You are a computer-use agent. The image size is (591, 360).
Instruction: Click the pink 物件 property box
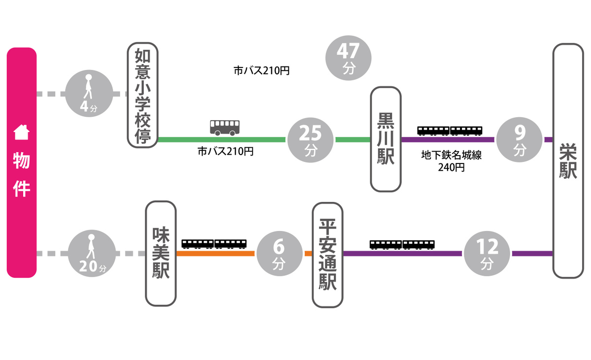click(x=22, y=163)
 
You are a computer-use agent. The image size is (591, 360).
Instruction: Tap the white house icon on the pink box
click(x=22, y=132)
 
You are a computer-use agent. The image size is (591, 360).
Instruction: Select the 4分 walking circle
click(x=89, y=94)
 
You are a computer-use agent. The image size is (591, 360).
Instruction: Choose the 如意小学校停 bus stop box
click(x=142, y=95)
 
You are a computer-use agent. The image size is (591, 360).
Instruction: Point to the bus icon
click(x=225, y=127)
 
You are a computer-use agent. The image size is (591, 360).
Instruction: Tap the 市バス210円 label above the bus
click(x=262, y=71)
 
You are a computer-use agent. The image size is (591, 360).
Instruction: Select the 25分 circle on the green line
click(x=310, y=139)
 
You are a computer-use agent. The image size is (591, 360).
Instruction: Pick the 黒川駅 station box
click(x=386, y=139)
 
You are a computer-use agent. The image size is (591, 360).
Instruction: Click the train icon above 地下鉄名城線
click(x=450, y=131)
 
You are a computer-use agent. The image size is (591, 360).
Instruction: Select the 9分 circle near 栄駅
click(x=520, y=139)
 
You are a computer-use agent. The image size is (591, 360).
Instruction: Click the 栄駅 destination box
click(x=568, y=161)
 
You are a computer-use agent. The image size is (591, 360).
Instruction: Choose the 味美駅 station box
click(x=161, y=253)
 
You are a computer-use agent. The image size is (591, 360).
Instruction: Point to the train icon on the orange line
click(x=214, y=244)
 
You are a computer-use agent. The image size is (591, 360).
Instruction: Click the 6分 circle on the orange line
click(x=279, y=254)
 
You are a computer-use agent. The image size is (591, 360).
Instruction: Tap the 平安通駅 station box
click(x=328, y=255)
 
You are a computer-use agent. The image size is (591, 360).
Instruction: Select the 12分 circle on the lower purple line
click(x=487, y=254)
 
